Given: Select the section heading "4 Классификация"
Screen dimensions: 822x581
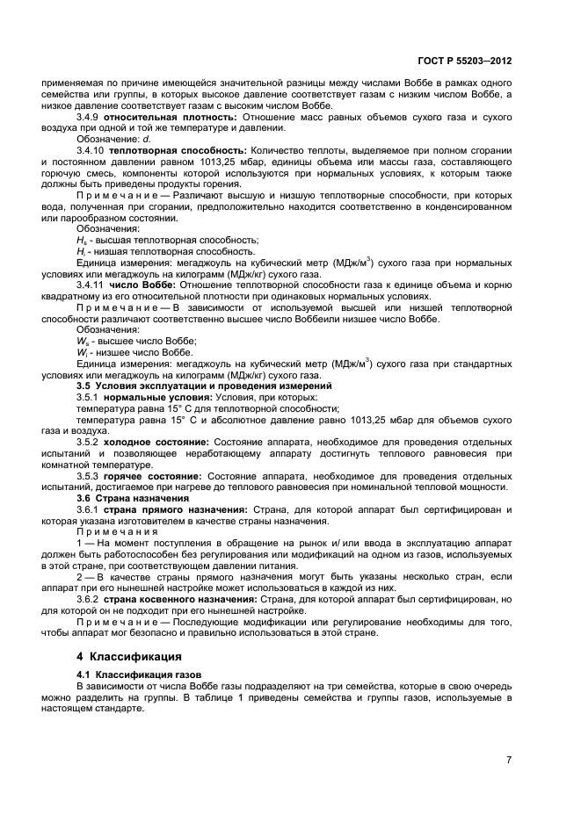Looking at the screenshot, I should (x=129, y=655).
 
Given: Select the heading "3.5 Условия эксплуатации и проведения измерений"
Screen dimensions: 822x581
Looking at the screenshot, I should (x=204, y=386).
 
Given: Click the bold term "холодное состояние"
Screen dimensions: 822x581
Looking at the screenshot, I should (x=156, y=441).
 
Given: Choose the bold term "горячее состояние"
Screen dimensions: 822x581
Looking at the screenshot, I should (x=152, y=474).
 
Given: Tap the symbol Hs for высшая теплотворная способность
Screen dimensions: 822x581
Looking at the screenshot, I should (x=81, y=239).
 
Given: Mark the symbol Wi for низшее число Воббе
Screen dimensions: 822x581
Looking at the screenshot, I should (x=81, y=351).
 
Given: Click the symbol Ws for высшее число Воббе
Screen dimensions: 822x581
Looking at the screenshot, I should (x=82, y=341).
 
